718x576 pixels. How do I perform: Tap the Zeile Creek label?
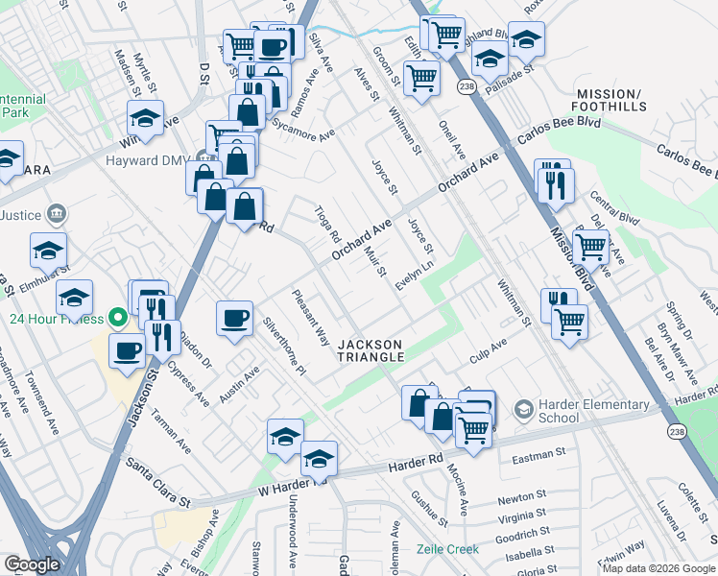tap(447, 550)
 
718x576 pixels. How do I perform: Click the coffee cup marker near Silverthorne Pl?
tap(234, 320)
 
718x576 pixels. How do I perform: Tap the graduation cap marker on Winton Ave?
tap(145, 119)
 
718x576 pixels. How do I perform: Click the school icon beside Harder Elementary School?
tap(523, 410)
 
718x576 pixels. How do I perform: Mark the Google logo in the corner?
tap(31, 564)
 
